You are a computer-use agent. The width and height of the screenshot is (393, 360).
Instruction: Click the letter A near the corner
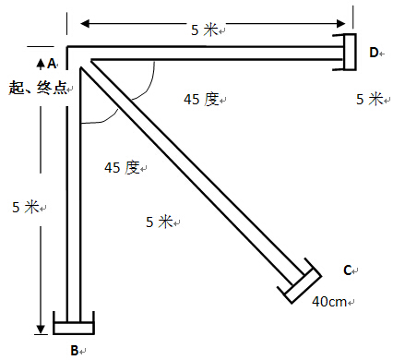52,64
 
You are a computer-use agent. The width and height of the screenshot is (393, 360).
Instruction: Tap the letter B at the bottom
75,350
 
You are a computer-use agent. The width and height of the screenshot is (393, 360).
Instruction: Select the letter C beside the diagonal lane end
347,270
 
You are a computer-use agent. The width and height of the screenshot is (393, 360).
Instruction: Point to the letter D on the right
374,53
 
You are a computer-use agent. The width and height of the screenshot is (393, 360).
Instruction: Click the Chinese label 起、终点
38,88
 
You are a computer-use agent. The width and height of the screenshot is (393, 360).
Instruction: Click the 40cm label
329,302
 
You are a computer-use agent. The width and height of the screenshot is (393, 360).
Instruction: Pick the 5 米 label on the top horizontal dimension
205,30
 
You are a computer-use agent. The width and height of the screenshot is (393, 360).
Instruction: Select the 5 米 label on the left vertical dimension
26,207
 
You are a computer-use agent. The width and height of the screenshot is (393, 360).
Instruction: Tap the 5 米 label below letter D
370,99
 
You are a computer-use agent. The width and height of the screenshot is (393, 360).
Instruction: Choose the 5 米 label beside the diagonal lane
160,222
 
